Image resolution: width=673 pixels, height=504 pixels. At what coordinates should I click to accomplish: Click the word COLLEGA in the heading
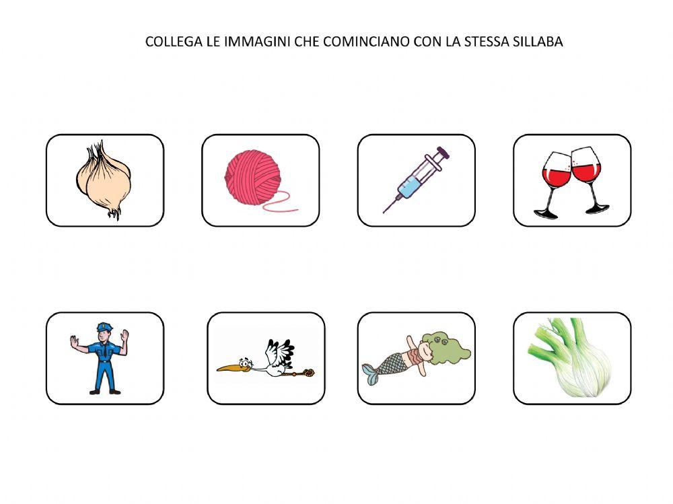(168, 42)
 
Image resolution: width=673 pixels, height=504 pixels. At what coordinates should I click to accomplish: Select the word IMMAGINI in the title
(256, 42)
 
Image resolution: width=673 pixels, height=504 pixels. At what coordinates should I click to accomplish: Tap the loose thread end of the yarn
(294, 210)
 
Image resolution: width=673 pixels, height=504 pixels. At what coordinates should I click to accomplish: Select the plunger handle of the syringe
(444, 152)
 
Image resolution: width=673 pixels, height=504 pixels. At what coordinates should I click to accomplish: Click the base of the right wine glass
(598, 211)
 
